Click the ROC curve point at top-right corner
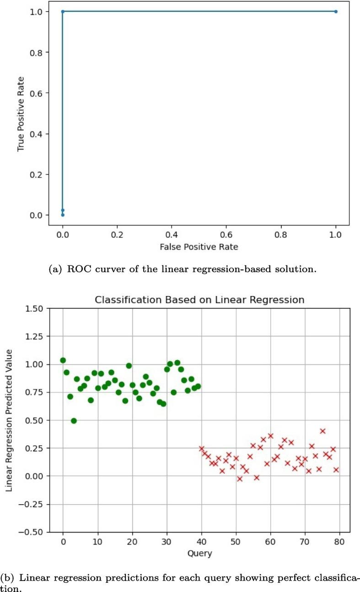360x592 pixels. pos(336,11)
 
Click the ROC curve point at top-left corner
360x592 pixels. pos(63,11)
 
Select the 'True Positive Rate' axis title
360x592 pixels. pos(20,113)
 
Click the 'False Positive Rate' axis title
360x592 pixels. pos(199,247)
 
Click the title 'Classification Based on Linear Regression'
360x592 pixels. pos(199,300)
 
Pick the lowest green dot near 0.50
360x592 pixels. pos(74,420)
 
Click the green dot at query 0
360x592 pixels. pos(63,360)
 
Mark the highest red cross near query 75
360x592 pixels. pos(322,431)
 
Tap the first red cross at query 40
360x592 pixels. pos(201,448)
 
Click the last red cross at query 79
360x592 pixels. pos(336,469)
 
